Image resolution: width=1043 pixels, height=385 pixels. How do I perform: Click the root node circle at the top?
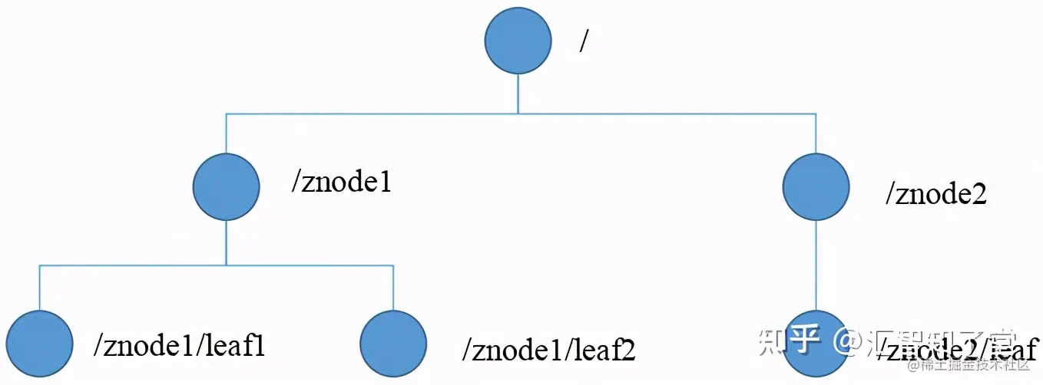click(x=518, y=41)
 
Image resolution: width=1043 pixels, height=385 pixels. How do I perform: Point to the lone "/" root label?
click(x=584, y=42)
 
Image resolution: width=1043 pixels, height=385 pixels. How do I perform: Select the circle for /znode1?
click(x=226, y=186)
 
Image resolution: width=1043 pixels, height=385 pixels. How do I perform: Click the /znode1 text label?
click(x=341, y=183)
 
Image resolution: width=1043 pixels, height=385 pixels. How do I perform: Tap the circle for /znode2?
click(x=816, y=186)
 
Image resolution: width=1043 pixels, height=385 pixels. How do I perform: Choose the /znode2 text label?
click(x=935, y=194)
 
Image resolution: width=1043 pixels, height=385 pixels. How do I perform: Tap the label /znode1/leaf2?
click(x=548, y=350)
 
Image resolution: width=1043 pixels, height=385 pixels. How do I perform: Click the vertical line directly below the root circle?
click(x=518, y=94)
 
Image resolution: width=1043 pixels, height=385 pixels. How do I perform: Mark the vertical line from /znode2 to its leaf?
click(x=816, y=265)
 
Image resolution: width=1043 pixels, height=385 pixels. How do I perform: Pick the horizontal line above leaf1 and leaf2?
click(x=216, y=265)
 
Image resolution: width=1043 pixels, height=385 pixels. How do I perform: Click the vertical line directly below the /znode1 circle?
click(x=226, y=242)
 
